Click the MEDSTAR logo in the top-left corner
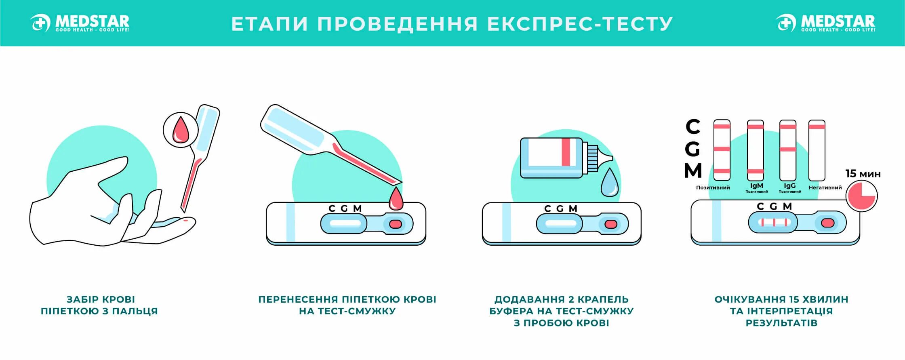click(x=80, y=23)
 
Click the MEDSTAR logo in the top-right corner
click(x=826, y=23)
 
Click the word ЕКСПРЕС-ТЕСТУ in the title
click(x=580, y=24)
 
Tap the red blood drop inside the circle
click(x=181, y=130)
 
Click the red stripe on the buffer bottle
click(x=566, y=152)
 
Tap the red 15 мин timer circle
click(x=862, y=196)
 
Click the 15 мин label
click(x=863, y=174)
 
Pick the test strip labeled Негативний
click(x=817, y=150)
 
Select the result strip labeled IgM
click(x=755, y=150)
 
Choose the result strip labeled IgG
click(x=787, y=150)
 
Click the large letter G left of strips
click(x=692, y=149)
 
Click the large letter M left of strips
click(x=693, y=171)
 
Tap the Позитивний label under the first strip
click(x=713, y=187)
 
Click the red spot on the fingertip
click(x=185, y=220)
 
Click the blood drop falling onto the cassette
click(x=396, y=199)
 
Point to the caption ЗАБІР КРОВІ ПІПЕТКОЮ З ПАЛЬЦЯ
click(x=100, y=305)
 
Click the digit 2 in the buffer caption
click(x=571, y=299)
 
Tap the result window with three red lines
click(x=773, y=223)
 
